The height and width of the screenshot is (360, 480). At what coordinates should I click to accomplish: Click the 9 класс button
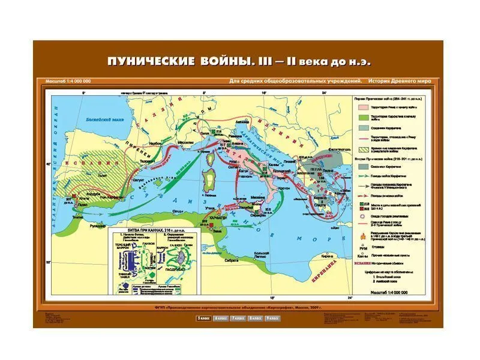pos(271,317)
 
